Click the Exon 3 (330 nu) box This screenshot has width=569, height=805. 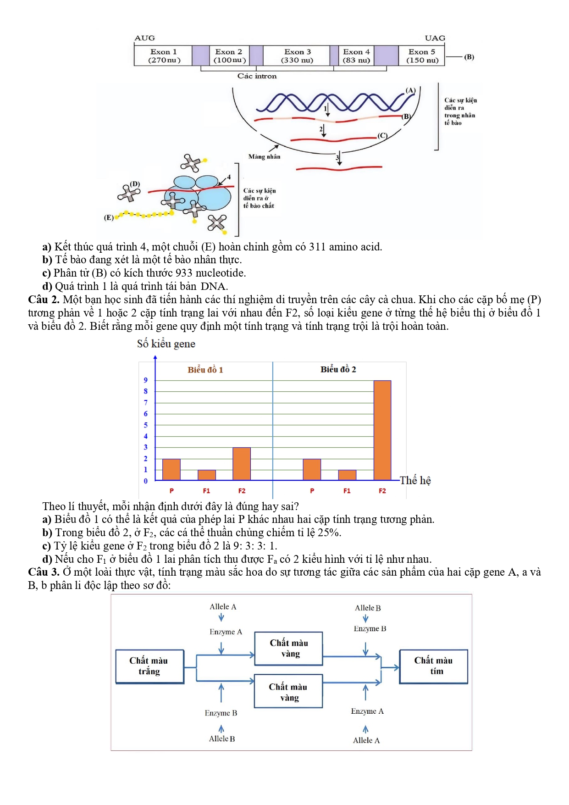click(297, 56)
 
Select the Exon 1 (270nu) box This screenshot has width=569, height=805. click(163, 56)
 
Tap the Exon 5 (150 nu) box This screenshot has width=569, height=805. click(422, 56)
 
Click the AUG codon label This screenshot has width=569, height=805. click(144, 38)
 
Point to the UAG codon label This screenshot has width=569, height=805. click(435, 38)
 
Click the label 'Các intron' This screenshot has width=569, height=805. click(257, 76)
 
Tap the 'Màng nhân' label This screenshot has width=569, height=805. click(264, 156)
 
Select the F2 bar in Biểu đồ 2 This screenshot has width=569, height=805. click(382, 430)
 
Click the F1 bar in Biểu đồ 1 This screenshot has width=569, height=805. click(207, 475)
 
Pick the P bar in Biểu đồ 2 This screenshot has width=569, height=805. click(312, 469)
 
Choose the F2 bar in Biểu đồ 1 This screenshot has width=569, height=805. click(242, 464)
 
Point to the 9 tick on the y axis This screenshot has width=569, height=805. click(146, 380)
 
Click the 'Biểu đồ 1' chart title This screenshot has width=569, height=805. click(205, 370)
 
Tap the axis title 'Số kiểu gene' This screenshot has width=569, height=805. click(166, 344)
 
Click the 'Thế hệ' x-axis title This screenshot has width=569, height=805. click(415, 480)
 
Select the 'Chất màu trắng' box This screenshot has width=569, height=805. click(149, 666)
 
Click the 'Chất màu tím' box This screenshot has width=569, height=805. click(434, 666)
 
